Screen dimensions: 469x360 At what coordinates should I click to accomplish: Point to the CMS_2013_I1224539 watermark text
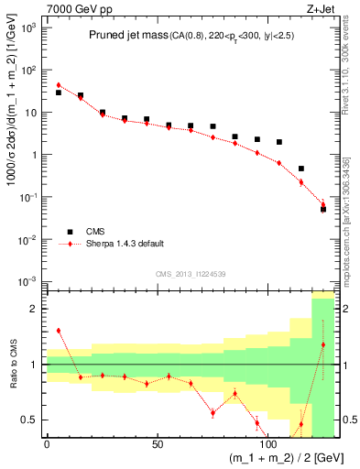coord(191,273)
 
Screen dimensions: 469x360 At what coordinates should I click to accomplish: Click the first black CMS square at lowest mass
coord(59,93)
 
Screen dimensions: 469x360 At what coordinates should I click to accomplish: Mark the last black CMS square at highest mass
coord(323,209)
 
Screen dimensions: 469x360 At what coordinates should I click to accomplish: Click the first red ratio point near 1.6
coord(59,331)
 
